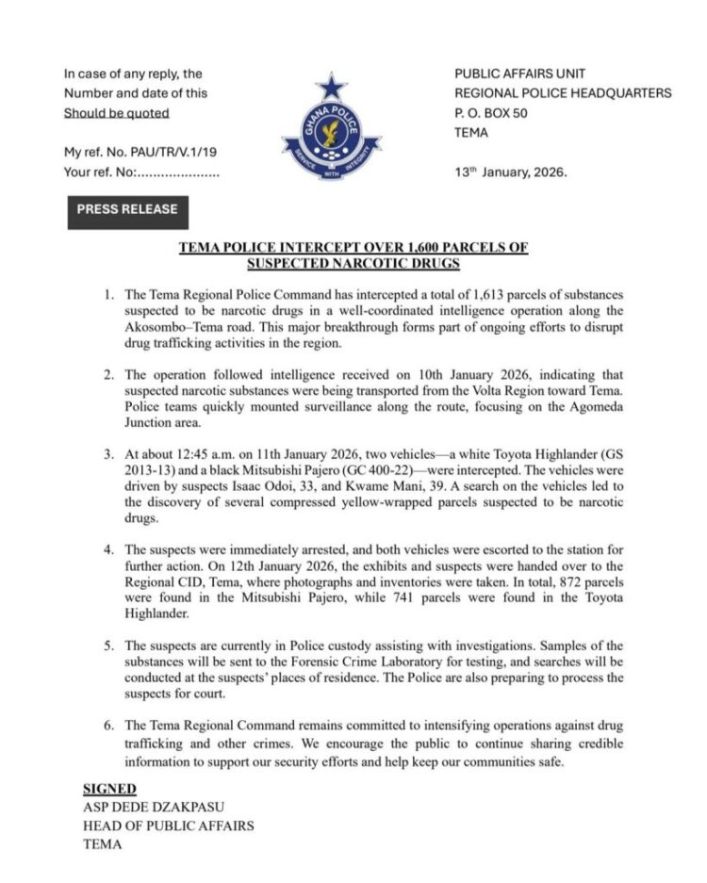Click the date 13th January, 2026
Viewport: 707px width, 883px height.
512,172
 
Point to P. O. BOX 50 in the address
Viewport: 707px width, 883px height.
491,113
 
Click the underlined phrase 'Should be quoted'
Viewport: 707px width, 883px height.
116,113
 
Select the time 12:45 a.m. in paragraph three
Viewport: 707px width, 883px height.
202,455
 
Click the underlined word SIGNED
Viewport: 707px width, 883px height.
109,789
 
